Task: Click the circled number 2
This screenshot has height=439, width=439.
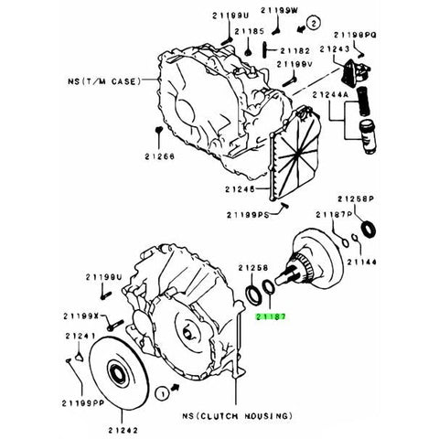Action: pyautogui.click(x=313, y=21)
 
